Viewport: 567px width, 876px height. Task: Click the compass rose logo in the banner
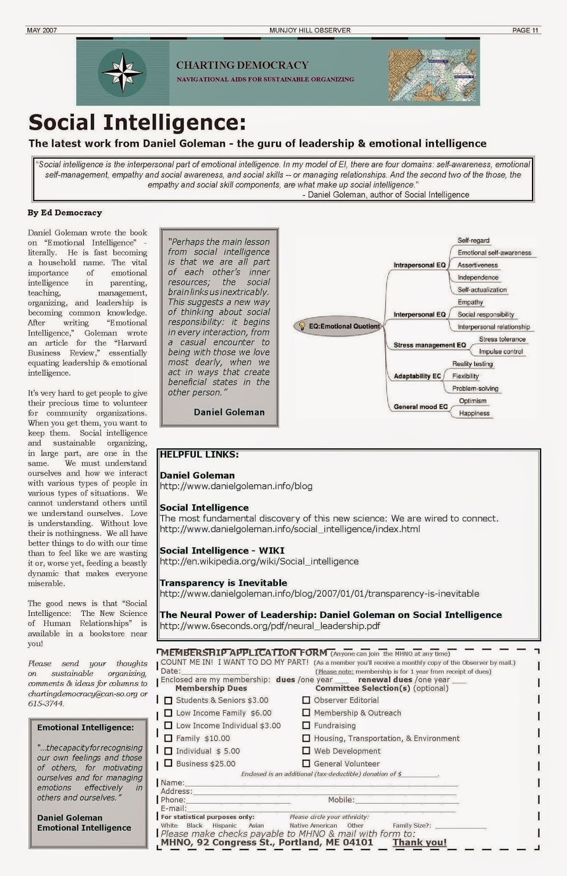click(122, 72)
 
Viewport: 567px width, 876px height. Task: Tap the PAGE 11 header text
click(525, 30)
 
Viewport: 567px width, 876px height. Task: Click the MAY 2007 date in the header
click(42, 30)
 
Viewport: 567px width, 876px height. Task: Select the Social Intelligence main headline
click(137, 122)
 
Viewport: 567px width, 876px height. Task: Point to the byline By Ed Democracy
click(65, 212)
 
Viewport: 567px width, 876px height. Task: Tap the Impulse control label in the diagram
click(501, 351)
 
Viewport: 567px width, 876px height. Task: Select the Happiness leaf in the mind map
click(474, 413)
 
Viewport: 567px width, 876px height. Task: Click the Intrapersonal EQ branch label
click(419, 265)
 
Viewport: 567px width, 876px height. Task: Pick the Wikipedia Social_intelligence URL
click(259, 561)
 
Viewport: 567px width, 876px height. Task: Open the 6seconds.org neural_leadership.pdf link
click(270, 626)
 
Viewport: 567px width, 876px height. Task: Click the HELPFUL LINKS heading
click(199, 454)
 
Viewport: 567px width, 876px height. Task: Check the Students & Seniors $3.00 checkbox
click(168, 700)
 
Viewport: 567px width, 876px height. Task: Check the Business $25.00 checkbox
click(168, 763)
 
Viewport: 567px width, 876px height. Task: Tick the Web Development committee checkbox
click(306, 751)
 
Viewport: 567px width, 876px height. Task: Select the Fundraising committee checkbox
click(306, 725)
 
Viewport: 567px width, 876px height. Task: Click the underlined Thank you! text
click(419, 843)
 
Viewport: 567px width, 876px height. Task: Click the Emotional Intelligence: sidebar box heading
click(85, 728)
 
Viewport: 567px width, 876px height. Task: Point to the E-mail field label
click(173, 808)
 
